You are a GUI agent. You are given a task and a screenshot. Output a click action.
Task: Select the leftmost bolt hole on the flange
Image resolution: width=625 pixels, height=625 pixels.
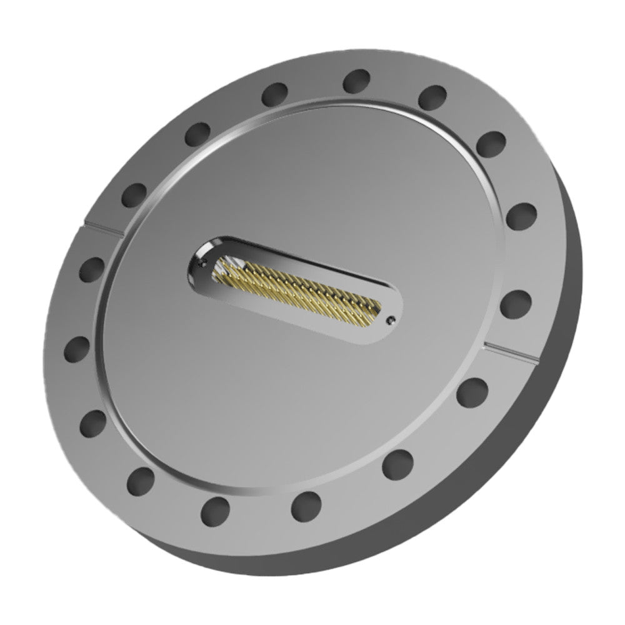tap(77, 349)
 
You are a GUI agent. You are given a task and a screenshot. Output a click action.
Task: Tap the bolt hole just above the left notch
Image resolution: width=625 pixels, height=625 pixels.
tap(134, 194)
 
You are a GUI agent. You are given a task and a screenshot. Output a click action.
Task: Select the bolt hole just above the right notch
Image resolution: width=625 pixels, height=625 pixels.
tap(516, 303)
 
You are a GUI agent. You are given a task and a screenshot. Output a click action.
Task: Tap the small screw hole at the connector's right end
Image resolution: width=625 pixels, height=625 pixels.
tap(391, 321)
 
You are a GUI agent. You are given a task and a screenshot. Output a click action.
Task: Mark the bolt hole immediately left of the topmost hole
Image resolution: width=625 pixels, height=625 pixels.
tap(274, 94)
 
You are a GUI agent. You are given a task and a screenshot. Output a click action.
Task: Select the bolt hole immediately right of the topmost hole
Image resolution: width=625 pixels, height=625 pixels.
tap(432, 97)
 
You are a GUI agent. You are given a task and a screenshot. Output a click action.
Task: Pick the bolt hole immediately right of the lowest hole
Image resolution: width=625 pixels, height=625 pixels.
tap(306, 504)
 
